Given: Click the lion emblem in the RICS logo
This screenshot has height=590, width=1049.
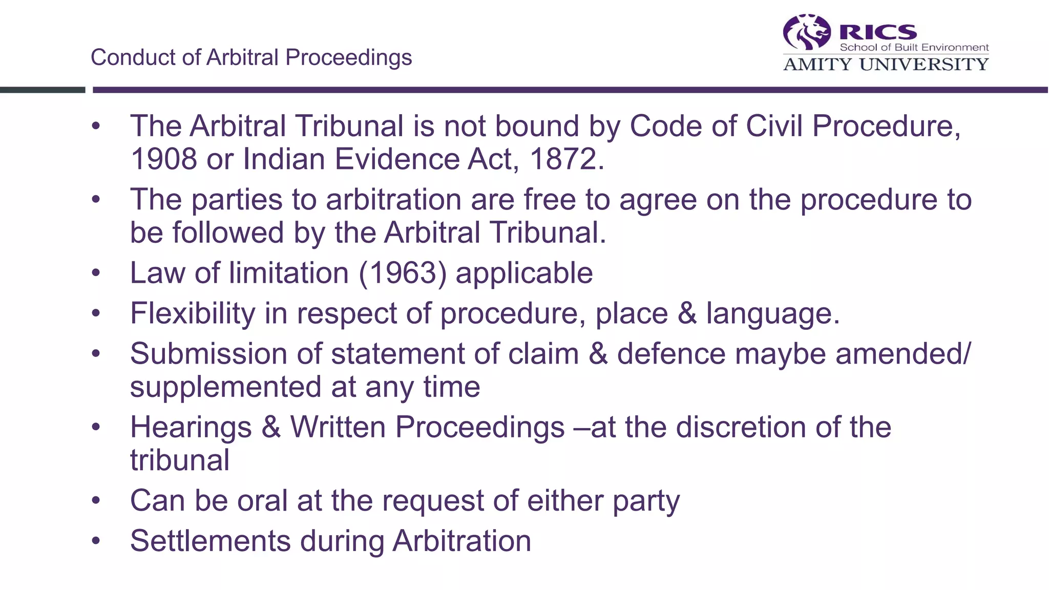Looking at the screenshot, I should pos(807,32).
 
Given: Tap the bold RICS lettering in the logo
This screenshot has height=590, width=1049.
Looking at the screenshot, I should pos(878,32).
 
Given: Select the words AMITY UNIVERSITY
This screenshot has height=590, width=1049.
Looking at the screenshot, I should pos(886,65).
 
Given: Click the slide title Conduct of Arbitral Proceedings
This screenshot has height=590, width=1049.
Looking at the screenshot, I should pos(251,57).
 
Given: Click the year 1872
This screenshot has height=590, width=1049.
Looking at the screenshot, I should pos(562,159).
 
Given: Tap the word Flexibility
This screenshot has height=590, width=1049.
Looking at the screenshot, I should pos(192,313).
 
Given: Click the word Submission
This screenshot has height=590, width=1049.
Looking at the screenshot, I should pos(208,354).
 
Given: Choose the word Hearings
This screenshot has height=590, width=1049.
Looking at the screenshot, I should pos(191,427).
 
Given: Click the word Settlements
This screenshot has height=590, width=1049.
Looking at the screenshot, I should pos(210,541).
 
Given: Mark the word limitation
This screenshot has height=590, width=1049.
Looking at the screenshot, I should pos(289,273).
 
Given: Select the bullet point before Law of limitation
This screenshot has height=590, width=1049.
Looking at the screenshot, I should pos(96,273).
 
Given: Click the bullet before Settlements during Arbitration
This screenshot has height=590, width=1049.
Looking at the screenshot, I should pos(96,541).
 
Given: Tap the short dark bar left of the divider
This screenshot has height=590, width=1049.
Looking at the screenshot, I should pos(43,90).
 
